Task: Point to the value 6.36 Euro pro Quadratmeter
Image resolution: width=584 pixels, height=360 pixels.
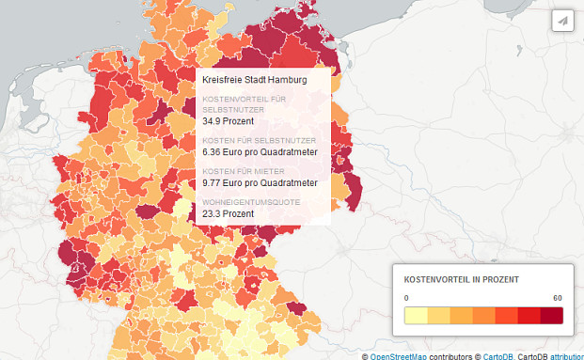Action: (x=260, y=151)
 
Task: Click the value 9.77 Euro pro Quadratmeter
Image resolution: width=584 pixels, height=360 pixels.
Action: (x=260, y=182)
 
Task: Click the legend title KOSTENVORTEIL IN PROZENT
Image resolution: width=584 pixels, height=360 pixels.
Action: (x=462, y=280)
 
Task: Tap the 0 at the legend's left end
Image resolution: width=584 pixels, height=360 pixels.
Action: (x=406, y=298)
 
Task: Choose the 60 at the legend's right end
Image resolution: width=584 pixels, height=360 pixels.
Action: (x=557, y=298)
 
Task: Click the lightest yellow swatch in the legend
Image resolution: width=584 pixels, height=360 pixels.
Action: (x=416, y=315)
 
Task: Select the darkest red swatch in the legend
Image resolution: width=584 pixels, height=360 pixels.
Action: (x=551, y=315)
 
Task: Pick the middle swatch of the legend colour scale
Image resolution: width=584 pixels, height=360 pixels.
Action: (x=483, y=315)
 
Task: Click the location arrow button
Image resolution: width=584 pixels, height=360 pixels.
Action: (x=562, y=21)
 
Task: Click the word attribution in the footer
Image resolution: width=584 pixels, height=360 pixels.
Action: (x=566, y=356)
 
